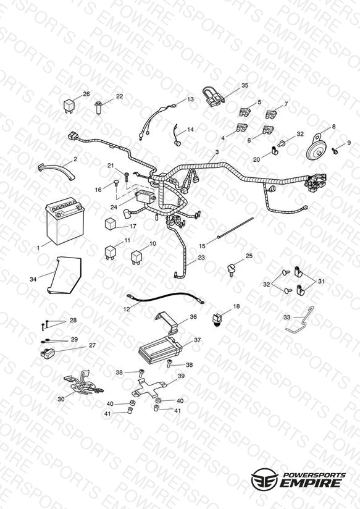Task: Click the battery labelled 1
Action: [65, 221]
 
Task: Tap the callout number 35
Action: [245, 85]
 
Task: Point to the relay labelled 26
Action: [69, 105]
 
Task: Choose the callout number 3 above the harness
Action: [217, 151]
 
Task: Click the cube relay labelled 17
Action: [111, 224]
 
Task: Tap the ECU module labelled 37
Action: [160, 349]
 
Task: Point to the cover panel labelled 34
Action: [64, 276]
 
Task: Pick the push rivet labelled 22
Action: [98, 106]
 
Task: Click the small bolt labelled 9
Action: [335, 150]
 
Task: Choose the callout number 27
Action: [92, 345]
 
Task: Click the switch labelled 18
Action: [217, 319]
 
